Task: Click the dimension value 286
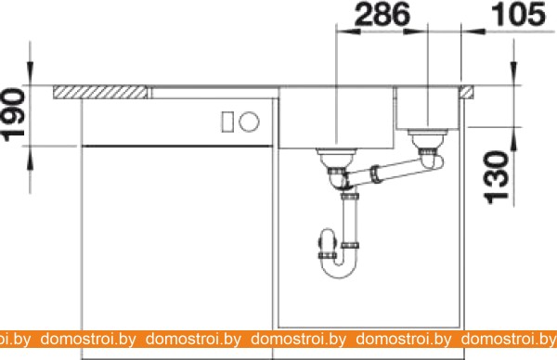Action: pos(382,15)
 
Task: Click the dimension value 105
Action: pos(518,15)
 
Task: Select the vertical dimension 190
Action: pos(13,115)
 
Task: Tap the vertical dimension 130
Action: pos(497,177)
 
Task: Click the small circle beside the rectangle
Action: pos(249,122)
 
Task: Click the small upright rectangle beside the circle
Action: pos(227,122)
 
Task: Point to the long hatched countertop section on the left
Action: pos(100,92)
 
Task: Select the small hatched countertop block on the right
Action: pos(466,92)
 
